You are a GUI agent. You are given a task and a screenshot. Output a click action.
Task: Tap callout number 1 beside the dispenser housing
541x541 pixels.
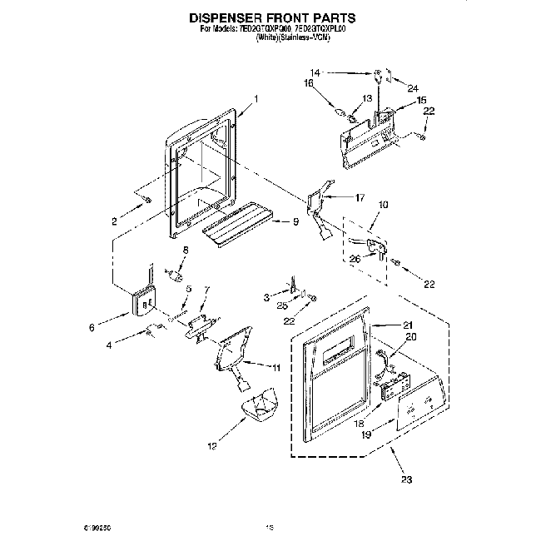pos(256,99)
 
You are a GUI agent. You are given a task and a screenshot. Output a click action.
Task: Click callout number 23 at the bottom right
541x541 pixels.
pos(406,479)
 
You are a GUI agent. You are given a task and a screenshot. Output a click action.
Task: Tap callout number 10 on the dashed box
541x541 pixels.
pos(384,204)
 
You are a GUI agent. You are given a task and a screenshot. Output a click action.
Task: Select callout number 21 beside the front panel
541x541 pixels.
pos(407,324)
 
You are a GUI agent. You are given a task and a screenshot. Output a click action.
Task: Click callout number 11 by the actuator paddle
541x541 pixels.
pos(276,366)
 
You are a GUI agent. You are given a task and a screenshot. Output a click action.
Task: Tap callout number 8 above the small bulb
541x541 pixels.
pos(186,249)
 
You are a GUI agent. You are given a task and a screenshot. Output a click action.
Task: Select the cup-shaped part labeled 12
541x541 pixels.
pos(261,408)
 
